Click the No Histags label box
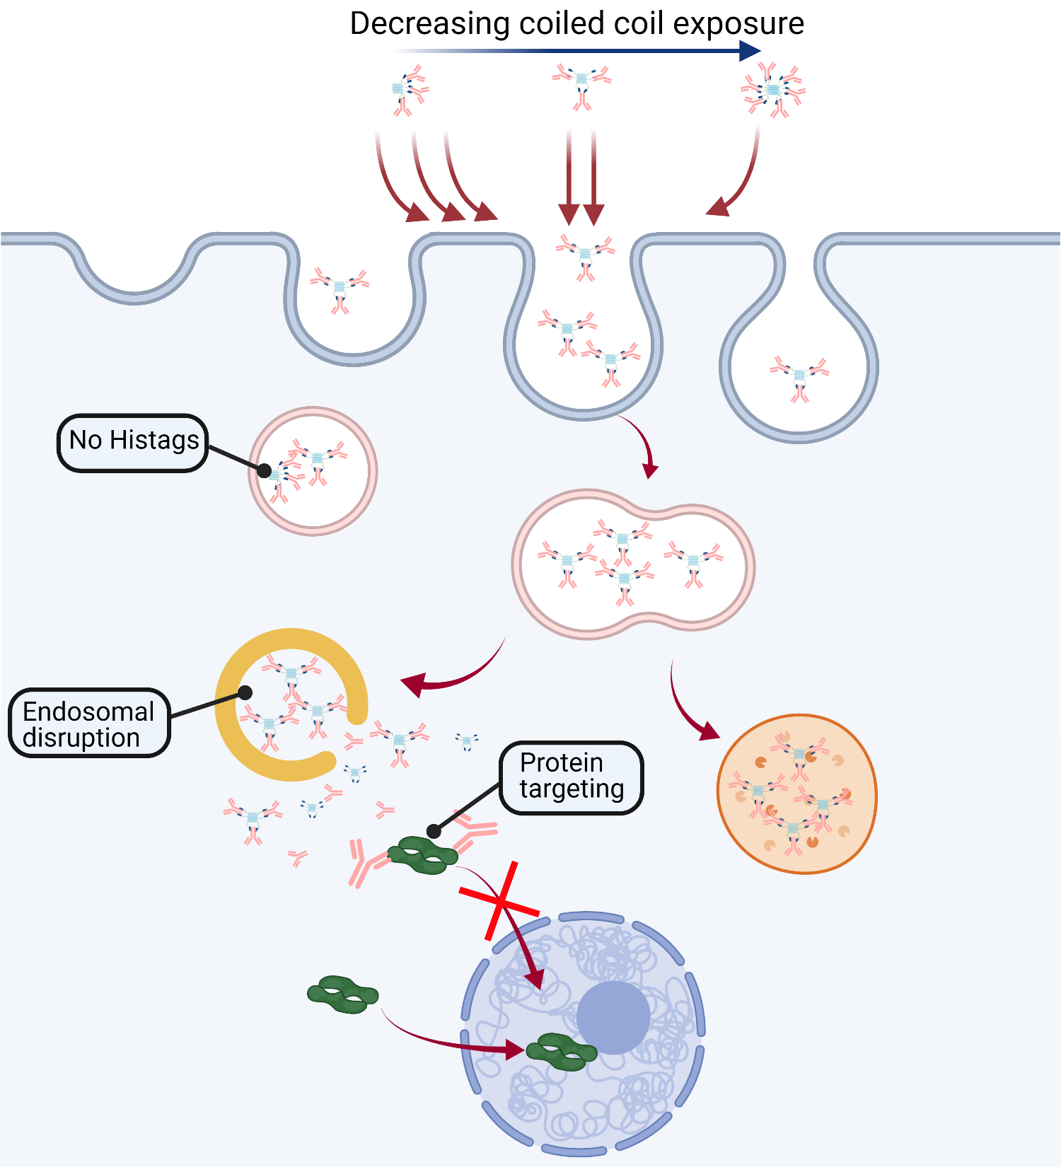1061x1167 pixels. (133, 443)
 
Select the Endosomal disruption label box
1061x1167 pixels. (89, 724)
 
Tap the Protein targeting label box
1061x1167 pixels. (572, 777)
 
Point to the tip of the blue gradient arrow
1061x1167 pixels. (758, 50)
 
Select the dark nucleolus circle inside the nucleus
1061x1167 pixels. (613, 1017)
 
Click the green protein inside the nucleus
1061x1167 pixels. (562, 1052)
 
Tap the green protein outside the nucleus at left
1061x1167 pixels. (343, 994)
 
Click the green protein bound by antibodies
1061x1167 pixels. (423, 855)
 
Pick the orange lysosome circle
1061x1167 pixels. (797, 794)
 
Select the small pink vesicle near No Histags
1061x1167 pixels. (313, 471)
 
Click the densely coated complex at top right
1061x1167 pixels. (773, 91)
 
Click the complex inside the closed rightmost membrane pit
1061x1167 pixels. (799, 377)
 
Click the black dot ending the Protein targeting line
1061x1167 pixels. (434, 831)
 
